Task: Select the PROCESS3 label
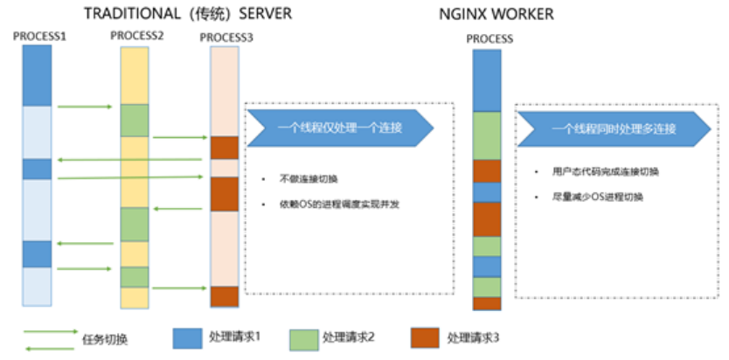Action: click(x=226, y=37)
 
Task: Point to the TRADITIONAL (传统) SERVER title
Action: click(x=187, y=14)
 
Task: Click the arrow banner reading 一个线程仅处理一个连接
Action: click(x=340, y=128)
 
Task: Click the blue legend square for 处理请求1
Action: click(x=187, y=337)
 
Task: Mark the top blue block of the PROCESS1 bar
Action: click(x=37, y=76)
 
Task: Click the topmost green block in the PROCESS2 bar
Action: click(x=135, y=120)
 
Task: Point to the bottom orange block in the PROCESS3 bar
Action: click(x=225, y=296)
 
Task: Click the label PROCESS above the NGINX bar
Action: click(x=489, y=39)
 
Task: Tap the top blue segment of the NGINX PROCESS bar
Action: click(x=487, y=80)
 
